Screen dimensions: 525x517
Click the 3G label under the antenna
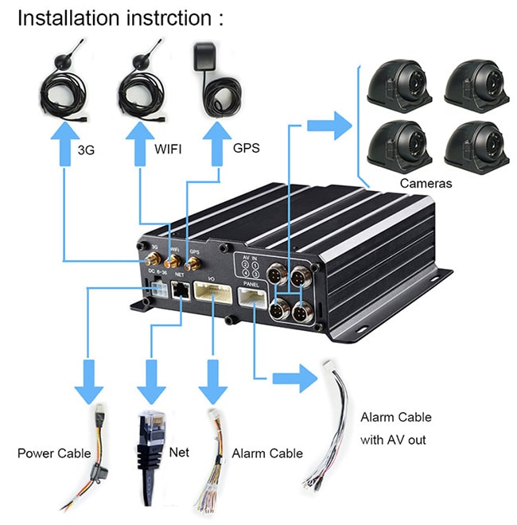tap(86, 149)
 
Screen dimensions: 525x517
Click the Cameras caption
tap(426, 184)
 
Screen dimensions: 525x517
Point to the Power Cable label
tap(54, 453)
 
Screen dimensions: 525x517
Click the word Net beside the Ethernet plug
tap(181, 452)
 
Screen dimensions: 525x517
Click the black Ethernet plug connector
tap(150, 445)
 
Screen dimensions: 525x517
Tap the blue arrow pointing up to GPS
tap(216, 146)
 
